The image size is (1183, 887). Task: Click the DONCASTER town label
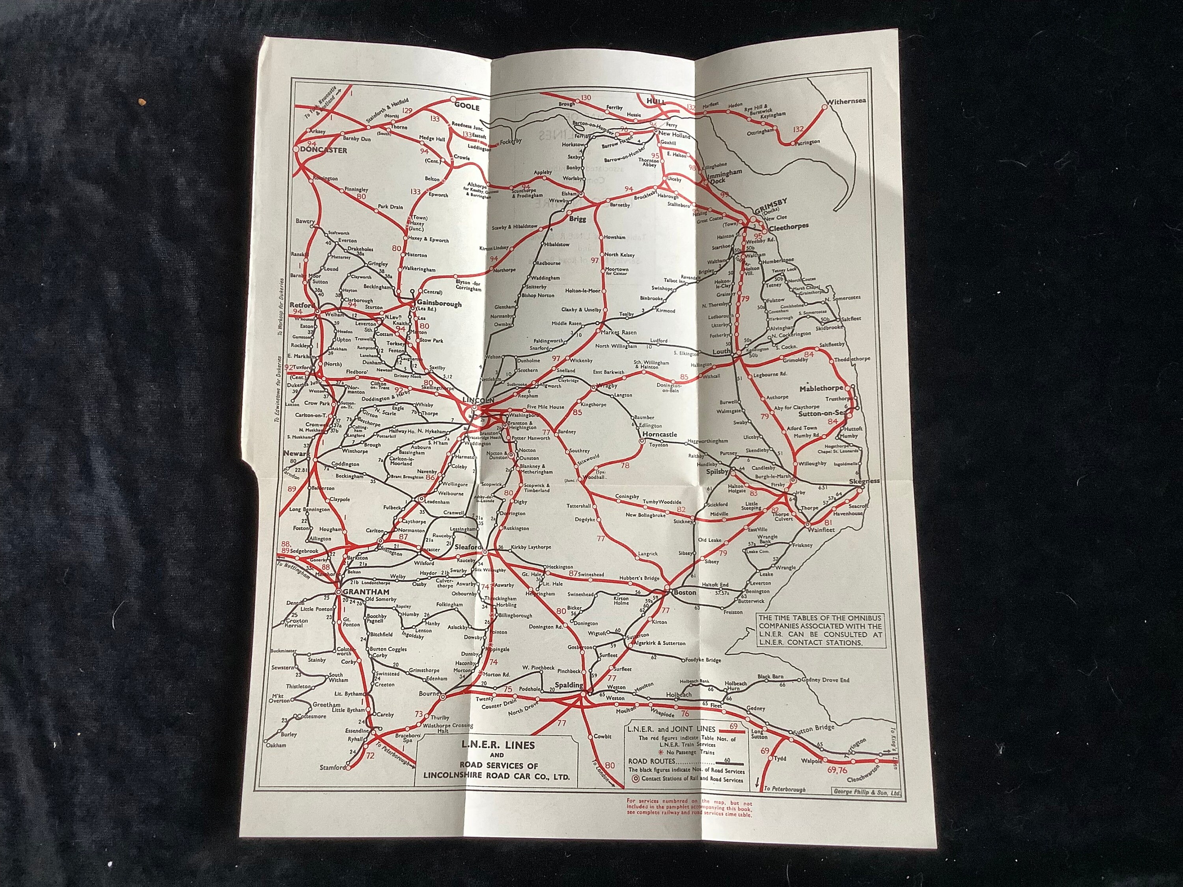[x=324, y=150]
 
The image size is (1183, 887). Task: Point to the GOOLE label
[x=467, y=106]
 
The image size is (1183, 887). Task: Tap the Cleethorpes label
[x=789, y=226]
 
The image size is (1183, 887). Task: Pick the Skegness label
[x=864, y=481]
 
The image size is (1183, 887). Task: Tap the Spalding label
[x=569, y=685]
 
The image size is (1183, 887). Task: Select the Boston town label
[x=685, y=593]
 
